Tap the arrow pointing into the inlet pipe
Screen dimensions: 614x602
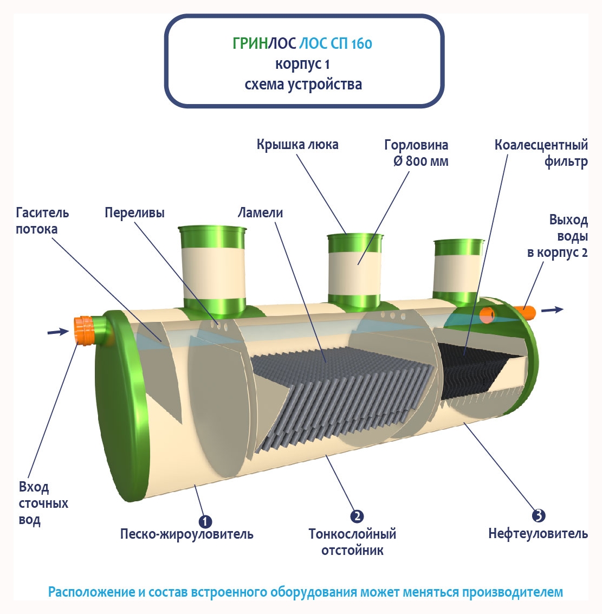[x=58, y=331]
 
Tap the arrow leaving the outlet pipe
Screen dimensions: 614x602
[x=552, y=309]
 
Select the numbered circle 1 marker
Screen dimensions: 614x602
[x=205, y=521]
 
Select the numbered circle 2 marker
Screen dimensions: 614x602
[x=357, y=516]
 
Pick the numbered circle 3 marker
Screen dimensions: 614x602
[x=538, y=515]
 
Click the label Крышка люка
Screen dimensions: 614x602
[x=297, y=145]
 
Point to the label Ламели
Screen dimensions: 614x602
[x=260, y=213]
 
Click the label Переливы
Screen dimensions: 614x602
[x=134, y=213]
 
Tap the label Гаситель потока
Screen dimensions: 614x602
[x=42, y=221]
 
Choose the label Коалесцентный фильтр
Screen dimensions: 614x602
[x=541, y=153]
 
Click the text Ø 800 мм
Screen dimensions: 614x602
[x=420, y=161]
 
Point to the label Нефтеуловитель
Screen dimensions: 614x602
[x=538, y=534]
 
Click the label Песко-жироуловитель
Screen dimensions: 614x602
[x=186, y=534]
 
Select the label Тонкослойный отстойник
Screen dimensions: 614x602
[x=352, y=542]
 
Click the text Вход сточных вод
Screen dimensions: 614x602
[x=43, y=503]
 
